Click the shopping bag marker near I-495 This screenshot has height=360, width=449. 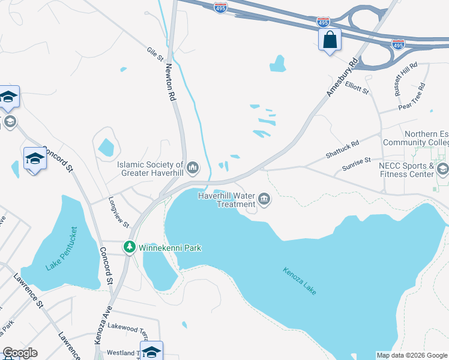(x=330, y=40)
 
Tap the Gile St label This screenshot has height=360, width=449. (x=155, y=54)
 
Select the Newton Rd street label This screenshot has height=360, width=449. (x=170, y=82)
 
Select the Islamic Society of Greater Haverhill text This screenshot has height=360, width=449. (x=150, y=169)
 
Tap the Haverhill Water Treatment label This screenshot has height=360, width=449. (x=223, y=199)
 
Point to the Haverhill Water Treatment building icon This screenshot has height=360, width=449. (x=264, y=199)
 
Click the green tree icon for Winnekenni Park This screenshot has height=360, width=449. (x=129, y=247)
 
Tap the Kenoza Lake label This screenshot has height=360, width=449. (x=300, y=280)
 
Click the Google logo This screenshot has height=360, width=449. (x=20, y=353)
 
